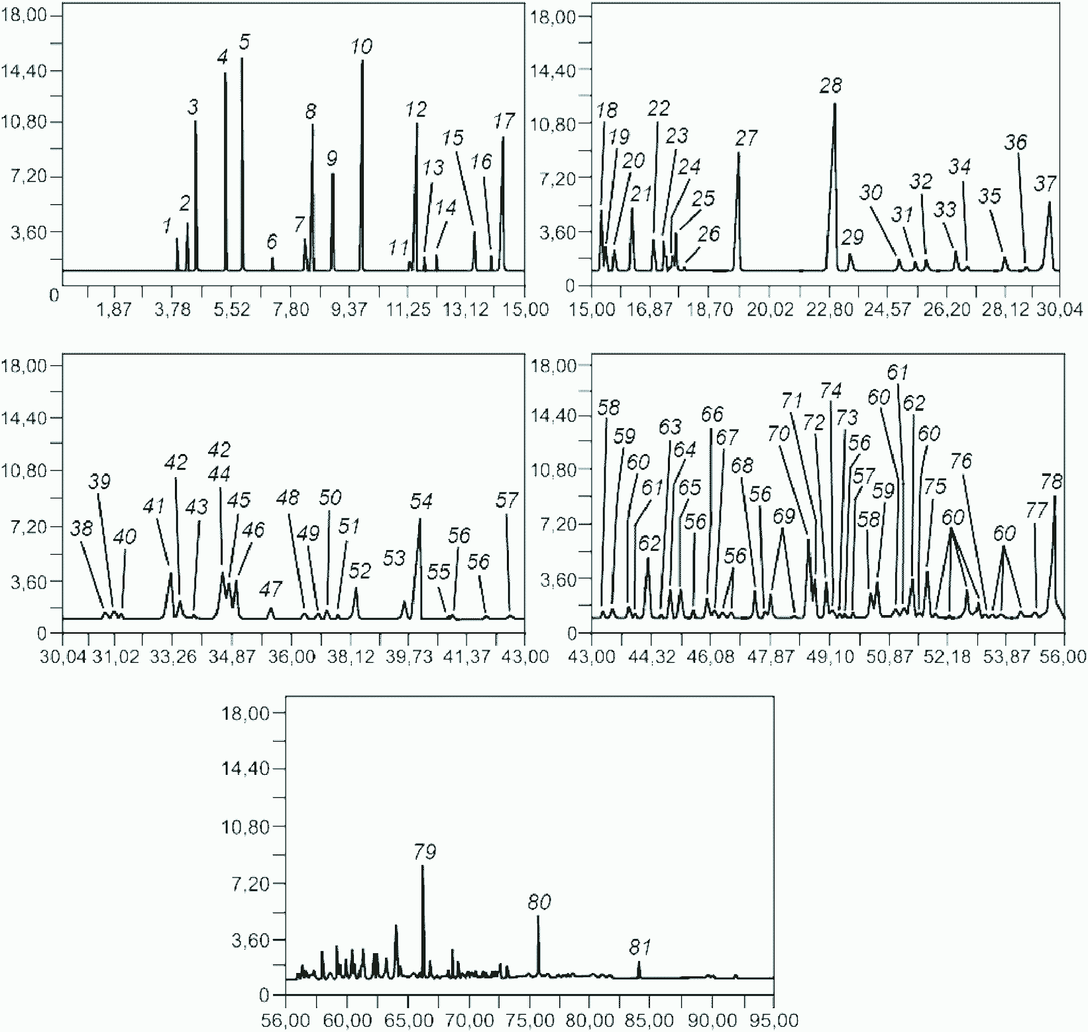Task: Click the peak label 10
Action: [x=362, y=46]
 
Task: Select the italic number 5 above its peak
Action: [x=245, y=42]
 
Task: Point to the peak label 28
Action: [x=831, y=86]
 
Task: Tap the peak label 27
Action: [x=746, y=138]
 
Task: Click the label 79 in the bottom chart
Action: [x=425, y=851]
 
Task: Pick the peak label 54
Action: [x=421, y=501]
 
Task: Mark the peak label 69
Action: [x=783, y=515]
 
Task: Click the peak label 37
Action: [x=1045, y=184]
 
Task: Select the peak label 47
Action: [x=270, y=589]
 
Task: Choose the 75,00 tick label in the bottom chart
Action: [x=535, y=1019]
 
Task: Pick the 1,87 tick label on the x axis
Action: [x=115, y=310]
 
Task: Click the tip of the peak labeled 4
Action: [x=225, y=72]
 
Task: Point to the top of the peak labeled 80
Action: [x=538, y=916]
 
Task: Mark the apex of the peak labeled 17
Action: [x=503, y=137]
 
